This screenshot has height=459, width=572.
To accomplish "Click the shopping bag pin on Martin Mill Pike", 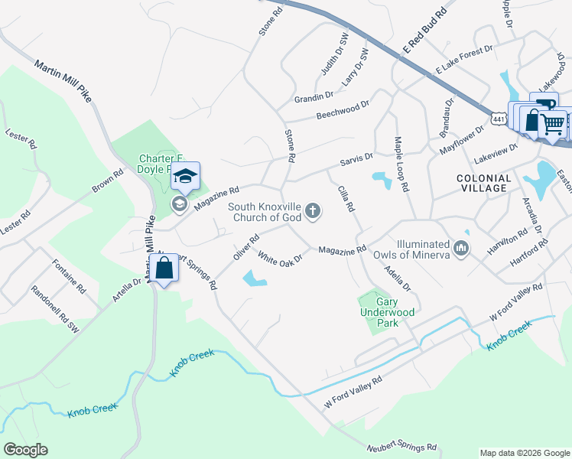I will click(164, 269).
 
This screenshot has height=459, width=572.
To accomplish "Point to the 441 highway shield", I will click(499, 119).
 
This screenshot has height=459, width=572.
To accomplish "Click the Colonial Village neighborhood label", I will click(482, 183).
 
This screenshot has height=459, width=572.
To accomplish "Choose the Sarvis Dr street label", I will click(357, 159).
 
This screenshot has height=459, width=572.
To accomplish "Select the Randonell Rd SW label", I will click(55, 309).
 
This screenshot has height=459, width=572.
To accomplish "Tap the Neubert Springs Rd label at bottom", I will click(401, 446).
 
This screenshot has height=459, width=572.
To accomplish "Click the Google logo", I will click(25, 450).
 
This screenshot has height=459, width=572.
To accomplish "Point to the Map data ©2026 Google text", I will click(524, 453).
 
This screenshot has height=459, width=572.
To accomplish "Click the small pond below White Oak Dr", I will click(254, 279).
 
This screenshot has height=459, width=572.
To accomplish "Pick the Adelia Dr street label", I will click(398, 277).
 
